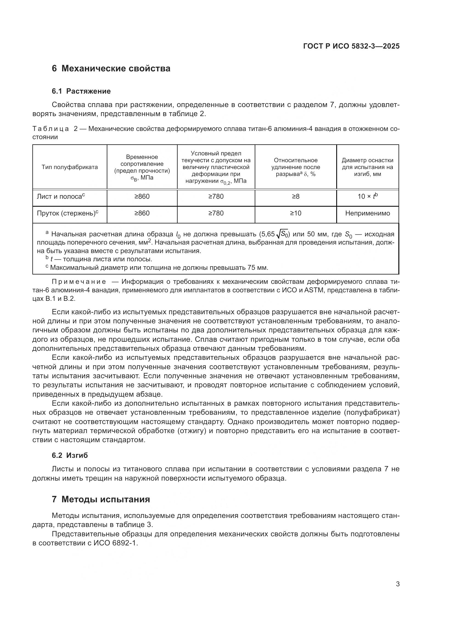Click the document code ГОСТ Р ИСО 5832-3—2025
point(351,46)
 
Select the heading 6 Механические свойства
point(111,69)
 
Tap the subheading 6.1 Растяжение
point(81,91)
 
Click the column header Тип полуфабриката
point(70,167)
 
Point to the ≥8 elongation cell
point(296,197)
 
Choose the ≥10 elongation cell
point(296,213)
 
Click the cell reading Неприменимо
point(367,213)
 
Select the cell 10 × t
point(367,196)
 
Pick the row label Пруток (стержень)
point(67,213)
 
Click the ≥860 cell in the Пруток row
point(142,213)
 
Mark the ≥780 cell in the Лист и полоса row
point(216,197)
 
